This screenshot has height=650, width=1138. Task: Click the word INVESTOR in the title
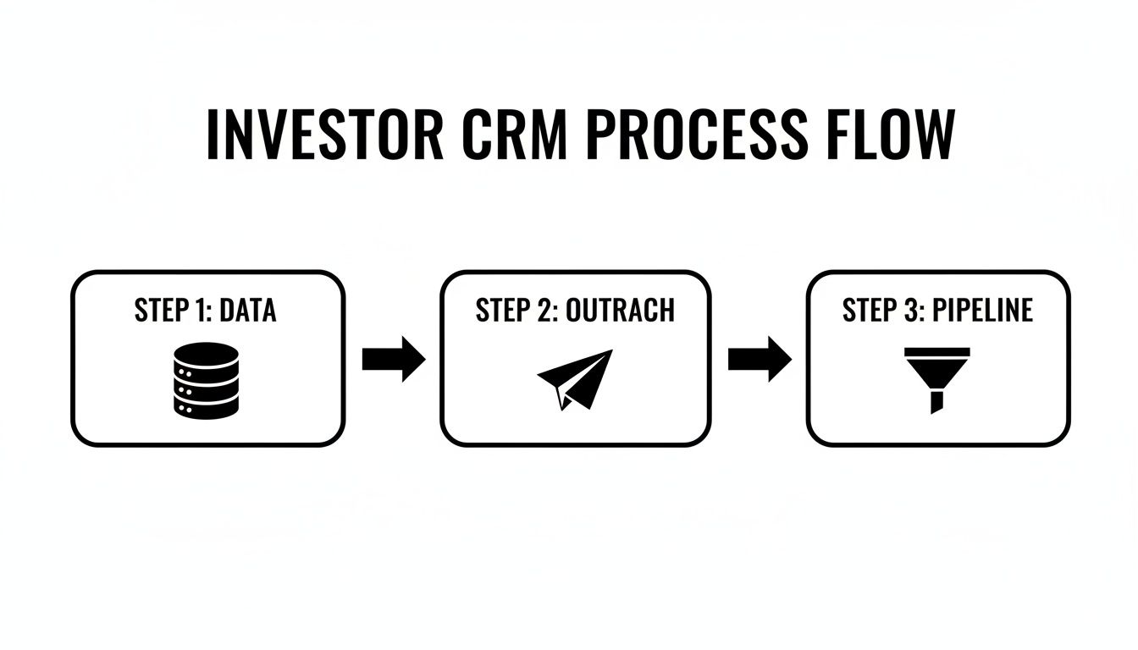coord(325,135)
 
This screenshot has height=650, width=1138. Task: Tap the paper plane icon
coord(576,378)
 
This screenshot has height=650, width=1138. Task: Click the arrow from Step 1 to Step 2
coord(393,359)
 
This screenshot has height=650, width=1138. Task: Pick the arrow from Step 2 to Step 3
coord(759,359)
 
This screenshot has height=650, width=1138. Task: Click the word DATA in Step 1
coord(247,311)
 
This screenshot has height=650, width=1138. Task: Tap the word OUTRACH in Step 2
coord(620,311)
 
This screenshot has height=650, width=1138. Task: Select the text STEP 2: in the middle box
coord(516,311)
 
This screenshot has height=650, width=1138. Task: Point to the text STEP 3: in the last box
coord(883,311)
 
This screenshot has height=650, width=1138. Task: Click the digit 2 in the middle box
coord(544,311)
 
